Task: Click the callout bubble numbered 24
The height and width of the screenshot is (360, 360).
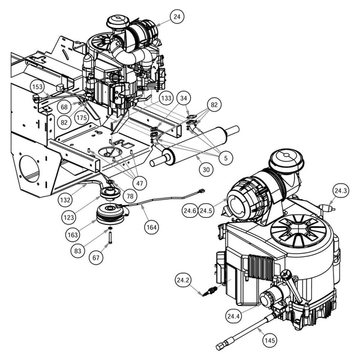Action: tap(176, 17)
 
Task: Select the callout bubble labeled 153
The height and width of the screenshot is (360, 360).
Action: tap(37, 88)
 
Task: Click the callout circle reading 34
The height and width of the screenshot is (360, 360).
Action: tap(184, 98)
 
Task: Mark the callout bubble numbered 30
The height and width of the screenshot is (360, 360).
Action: tap(206, 170)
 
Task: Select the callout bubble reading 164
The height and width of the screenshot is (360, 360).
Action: tap(150, 227)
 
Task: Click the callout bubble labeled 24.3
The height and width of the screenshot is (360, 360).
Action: tap(341, 191)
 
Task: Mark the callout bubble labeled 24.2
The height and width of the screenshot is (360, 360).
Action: tap(183, 280)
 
